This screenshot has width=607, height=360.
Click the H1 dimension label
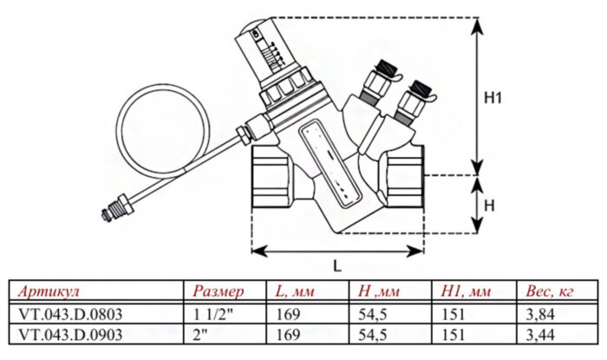[493, 99]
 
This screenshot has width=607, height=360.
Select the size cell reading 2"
[199, 334]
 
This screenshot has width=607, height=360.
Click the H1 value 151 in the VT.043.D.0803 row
[454, 313]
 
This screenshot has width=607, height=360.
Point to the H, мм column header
[375, 291]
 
